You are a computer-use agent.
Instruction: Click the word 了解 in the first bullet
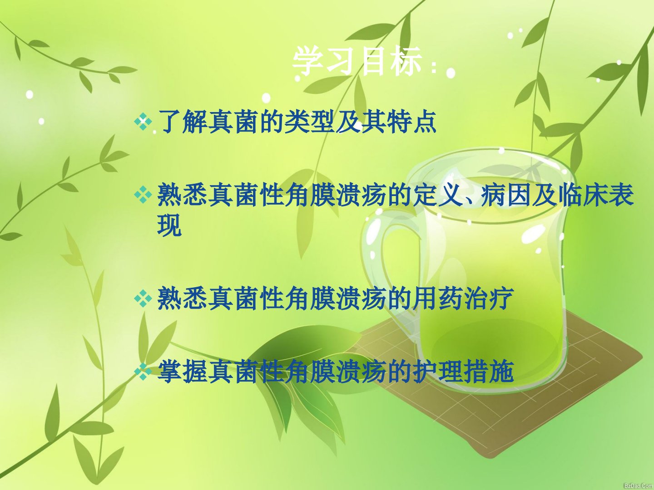pyautogui.click(x=182, y=122)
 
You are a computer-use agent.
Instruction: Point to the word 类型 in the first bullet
pyautogui.click(x=308, y=122)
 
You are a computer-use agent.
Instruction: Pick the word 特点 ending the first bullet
pyautogui.click(x=411, y=122)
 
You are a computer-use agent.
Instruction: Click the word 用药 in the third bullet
pyautogui.click(x=437, y=298)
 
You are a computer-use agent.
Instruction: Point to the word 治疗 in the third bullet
pyautogui.click(x=488, y=298)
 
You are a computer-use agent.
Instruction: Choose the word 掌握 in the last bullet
pyautogui.click(x=182, y=372)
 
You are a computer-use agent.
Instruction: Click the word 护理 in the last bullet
pyautogui.click(x=437, y=372)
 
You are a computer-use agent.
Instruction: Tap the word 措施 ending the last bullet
pyautogui.click(x=488, y=372)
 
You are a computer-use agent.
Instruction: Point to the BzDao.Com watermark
pyautogui.click(x=638, y=486)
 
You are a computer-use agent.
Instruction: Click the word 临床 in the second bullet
pyautogui.click(x=583, y=195)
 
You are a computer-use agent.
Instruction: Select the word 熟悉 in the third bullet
pyautogui.click(x=182, y=298)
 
